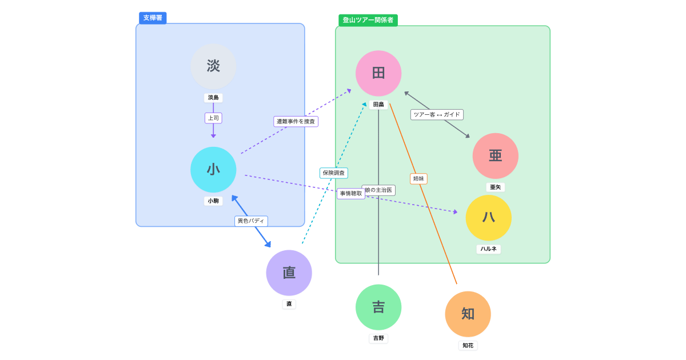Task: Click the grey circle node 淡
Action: (213, 66)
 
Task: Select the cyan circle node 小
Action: (213, 170)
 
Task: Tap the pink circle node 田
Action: (378, 74)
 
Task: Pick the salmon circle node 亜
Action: (495, 156)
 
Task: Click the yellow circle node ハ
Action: (488, 218)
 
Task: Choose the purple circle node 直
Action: (289, 273)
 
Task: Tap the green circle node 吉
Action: (378, 307)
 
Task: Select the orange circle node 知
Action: (468, 314)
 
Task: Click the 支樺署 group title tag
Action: (153, 18)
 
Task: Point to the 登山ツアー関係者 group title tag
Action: (368, 20)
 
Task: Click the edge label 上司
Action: (213, 118)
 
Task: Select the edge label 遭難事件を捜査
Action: (296, 122)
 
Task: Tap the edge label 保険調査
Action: (333, 173)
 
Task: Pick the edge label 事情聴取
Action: (351, 194)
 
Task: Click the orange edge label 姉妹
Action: (418, 179)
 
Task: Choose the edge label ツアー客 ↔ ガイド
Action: (437, 114)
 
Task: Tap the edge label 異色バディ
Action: (251, 221)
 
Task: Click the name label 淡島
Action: (213, 98)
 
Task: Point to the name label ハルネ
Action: (488, 249)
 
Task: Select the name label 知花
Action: (468, 345)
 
